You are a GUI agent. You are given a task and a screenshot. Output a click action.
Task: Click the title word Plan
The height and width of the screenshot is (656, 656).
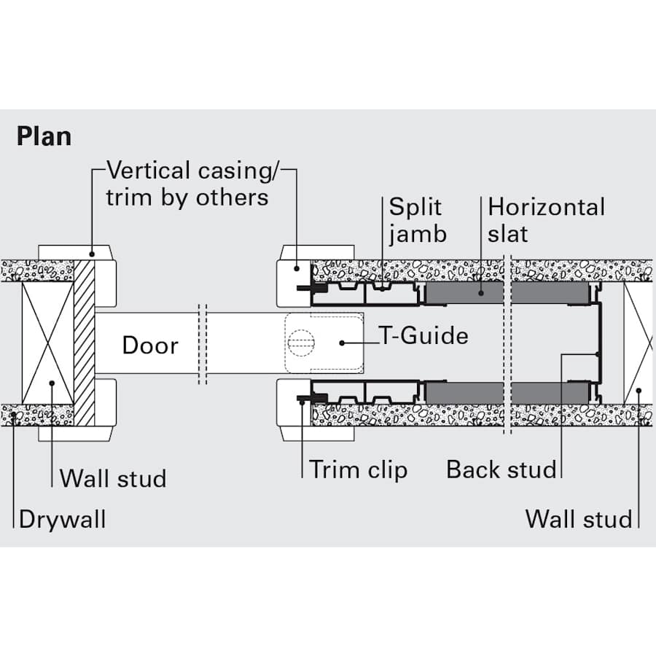pos(44,136)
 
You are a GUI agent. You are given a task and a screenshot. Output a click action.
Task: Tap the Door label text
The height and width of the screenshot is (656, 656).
pos(149,345)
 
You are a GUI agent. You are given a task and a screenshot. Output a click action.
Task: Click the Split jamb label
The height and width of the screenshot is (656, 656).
pos(417,220)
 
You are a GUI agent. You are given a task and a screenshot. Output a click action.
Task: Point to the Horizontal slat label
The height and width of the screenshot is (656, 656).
pos(546,220)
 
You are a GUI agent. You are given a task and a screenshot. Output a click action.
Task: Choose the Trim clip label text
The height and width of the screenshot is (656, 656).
pos(358,470)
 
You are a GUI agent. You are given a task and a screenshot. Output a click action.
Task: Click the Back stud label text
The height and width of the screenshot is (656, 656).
pos(501,470)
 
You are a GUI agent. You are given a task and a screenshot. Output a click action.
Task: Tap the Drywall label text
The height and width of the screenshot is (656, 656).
pos(62,520)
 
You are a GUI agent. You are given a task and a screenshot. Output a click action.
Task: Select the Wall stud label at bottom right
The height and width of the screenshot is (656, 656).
pos(579,520)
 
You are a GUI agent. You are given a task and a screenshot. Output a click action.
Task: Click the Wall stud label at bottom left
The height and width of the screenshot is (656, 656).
pos(113,479)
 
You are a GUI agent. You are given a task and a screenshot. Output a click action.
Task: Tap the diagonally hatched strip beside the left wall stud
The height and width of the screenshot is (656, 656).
pos(85,343)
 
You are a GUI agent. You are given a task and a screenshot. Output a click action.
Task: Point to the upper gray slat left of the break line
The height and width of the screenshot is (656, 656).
pos(464,294)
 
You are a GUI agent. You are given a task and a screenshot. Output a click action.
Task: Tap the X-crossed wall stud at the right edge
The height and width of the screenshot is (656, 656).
pos(638,343)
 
